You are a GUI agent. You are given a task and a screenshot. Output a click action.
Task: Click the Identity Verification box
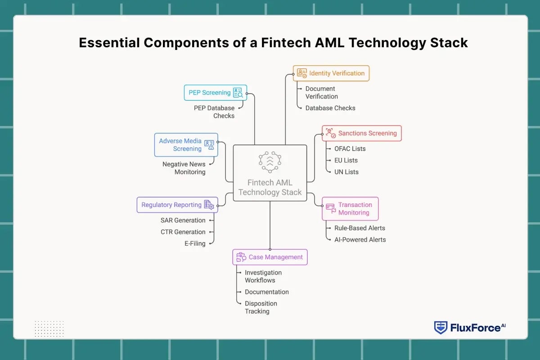tap(331, 73)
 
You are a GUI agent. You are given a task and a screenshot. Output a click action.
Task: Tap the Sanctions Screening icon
tap(331, 133)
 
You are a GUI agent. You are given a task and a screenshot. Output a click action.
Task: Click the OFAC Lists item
tap(350, 148)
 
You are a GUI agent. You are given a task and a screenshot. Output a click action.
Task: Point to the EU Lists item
tap(346, 160)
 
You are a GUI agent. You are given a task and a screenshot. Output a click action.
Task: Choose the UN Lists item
tap(346, 172)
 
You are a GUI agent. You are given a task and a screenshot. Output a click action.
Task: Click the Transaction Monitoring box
tap(350, 209)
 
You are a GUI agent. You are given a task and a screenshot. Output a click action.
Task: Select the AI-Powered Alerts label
tap(360, 239)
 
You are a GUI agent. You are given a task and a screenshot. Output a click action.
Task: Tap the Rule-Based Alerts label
tap(360, 228)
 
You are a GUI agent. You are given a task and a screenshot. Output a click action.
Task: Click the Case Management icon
tap(241, 257)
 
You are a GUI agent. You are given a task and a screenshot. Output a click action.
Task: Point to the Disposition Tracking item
tap(261, 307)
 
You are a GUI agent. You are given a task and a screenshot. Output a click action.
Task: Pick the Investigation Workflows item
tap(263, 276)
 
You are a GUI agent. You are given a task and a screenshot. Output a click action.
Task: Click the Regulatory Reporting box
tap(177, 205)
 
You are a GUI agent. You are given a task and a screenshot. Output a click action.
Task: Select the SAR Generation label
tap(183, 220)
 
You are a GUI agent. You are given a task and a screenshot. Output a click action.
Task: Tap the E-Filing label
tap(194, 243)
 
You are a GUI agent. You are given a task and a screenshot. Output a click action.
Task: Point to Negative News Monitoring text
tap(184, 168)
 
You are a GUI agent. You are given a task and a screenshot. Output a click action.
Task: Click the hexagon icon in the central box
tap(270, 162)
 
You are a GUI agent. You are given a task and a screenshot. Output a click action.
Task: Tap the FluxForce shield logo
tap(441, 328)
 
